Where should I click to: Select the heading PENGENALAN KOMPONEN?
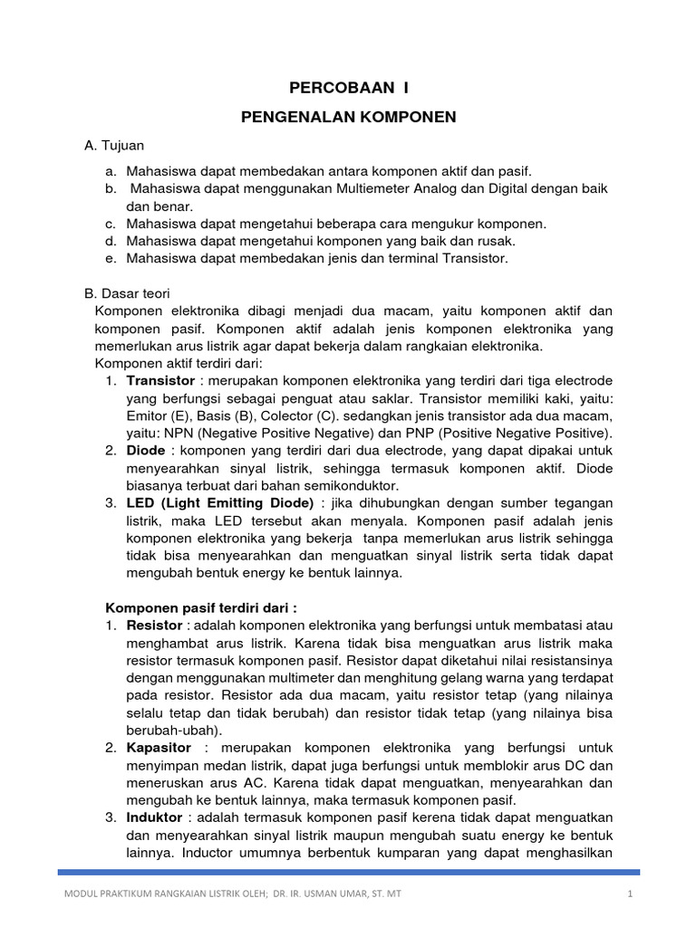347,117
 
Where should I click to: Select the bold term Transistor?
160,380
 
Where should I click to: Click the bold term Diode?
146,450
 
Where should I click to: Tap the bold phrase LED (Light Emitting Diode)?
220,502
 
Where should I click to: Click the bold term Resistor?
155,626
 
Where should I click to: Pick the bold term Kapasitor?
159,748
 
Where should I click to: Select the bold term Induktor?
155,817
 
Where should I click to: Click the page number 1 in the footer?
628,895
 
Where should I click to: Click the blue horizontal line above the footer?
348,873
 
